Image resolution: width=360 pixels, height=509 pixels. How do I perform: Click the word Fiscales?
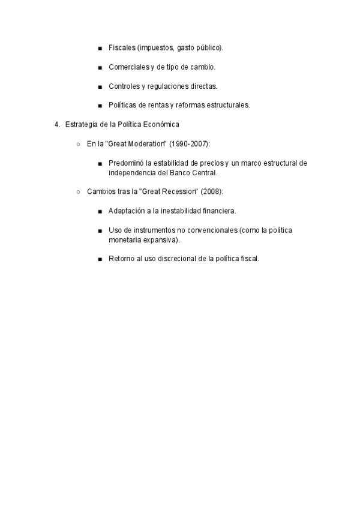(122, 47)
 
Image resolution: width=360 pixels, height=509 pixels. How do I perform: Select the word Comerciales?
(128, 67)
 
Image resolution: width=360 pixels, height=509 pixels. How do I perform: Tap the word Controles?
(124, 86)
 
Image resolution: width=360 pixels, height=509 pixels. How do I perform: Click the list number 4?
(56, 124)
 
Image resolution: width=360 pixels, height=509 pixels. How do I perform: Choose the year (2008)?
(212, 191)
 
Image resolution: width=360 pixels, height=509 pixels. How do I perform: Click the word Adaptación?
(127, 211)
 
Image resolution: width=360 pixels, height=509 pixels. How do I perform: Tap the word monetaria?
(124, 239)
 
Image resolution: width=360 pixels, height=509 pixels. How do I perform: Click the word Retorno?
(121, 259)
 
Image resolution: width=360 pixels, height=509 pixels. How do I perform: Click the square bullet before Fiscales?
(100, 48)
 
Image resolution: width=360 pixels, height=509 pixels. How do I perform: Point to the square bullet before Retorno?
(100, 259)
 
